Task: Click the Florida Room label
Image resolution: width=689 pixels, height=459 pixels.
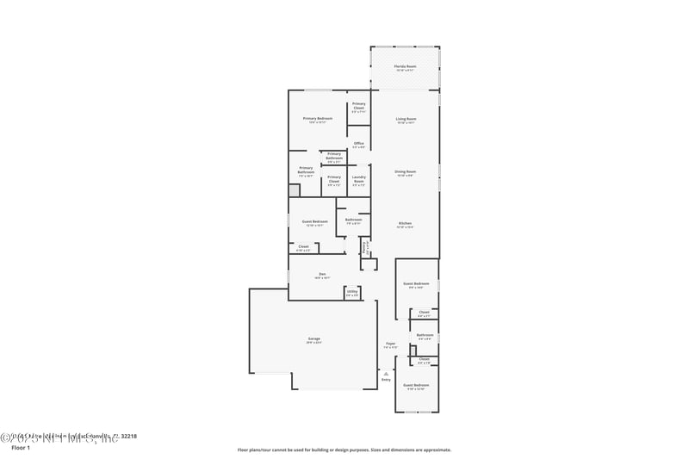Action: [405, 66]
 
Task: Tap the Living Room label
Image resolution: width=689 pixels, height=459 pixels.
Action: [406, 119]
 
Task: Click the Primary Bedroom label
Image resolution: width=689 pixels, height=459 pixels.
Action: [317, 118]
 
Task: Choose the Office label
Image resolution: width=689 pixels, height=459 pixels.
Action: [358, 143]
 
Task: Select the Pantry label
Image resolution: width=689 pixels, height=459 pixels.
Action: [365, 245]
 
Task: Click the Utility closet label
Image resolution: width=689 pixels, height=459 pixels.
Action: [352, 292]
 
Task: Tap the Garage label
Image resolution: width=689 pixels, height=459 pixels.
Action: [313, 339]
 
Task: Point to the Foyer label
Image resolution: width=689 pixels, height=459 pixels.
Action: [390, 344]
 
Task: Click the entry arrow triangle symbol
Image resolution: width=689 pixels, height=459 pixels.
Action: [386, 372]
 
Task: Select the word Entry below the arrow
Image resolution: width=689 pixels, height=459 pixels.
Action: [386, 379]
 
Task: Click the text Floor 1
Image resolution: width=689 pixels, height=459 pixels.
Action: [21, 448]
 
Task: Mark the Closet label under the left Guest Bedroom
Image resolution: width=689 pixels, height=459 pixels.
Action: [303, 246]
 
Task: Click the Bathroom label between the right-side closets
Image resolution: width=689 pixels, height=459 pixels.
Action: [425, 335]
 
